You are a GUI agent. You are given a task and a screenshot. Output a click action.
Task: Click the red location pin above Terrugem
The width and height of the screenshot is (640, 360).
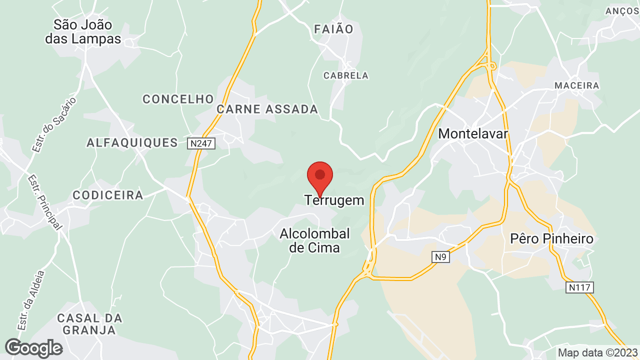[320, 176]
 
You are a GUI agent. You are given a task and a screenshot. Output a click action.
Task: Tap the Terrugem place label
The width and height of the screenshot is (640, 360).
[334, 200]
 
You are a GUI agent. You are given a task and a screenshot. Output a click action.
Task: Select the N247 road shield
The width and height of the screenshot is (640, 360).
[201, 143]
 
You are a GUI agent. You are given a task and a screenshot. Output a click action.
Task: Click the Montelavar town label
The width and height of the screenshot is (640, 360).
[473, 133]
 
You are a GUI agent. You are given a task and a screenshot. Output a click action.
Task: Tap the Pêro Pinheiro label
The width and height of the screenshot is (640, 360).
[552, 238]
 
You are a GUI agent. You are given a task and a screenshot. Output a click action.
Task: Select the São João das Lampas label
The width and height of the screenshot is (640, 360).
[83, 31]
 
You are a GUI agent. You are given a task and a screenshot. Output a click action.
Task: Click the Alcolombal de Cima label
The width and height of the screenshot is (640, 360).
[315, 240]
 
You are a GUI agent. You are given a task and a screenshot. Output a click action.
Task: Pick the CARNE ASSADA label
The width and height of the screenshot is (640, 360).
[267, 109]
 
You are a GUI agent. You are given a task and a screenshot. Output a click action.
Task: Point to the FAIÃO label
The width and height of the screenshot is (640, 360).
[334, 29]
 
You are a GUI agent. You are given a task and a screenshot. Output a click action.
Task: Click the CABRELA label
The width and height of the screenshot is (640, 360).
[346, 75]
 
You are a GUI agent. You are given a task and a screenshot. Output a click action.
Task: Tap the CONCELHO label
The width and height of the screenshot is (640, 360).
[178, 99]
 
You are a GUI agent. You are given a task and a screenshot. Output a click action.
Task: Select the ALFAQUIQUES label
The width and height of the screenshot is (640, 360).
[132, 143]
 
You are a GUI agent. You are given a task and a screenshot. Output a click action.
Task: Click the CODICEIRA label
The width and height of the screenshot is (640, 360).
[108, 195]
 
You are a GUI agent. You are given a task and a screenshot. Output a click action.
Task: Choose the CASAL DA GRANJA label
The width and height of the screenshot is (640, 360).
[89, 324]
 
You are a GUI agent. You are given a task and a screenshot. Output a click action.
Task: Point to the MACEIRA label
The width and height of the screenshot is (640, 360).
[576, 85]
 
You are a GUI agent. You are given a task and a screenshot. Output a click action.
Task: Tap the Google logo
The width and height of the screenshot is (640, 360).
[33, 348]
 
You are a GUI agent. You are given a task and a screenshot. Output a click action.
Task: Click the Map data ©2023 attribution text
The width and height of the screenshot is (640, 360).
[597, 352]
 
